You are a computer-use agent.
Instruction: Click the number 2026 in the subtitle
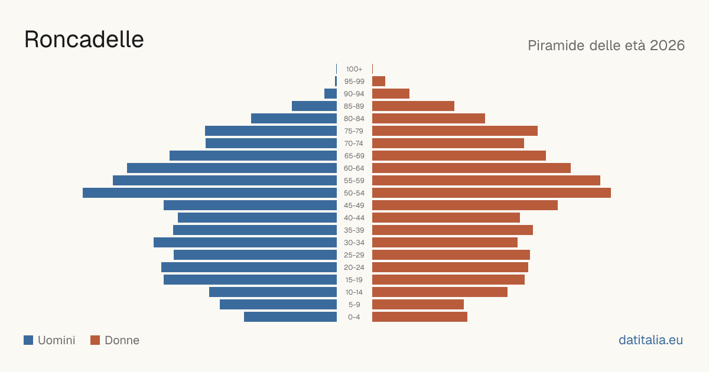667,45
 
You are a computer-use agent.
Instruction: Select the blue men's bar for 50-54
210,193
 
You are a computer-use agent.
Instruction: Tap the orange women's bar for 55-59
486,181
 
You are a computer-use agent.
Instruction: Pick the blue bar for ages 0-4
290,317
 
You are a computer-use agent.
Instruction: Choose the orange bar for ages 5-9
418,305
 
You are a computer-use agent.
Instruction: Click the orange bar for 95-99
379,81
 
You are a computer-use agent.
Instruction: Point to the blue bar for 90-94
330,94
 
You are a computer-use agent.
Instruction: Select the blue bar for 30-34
245,243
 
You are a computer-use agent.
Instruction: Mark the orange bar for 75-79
455,131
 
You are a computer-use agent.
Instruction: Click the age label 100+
354,69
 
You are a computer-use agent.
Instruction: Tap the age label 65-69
354,156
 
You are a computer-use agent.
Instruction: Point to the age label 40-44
354,218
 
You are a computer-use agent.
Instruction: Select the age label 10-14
354,292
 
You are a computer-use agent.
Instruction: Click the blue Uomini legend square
28,340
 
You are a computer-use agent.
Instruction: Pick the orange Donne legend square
95,340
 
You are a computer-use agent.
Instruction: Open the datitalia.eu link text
651,340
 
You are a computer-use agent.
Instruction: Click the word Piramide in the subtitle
556,45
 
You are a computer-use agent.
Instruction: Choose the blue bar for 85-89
314,106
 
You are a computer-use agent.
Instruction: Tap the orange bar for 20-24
450,267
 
